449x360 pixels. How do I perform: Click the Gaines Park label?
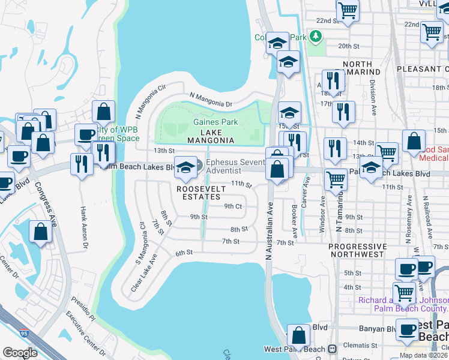click(215, 122)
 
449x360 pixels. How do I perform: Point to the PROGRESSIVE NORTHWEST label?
click(358, 250)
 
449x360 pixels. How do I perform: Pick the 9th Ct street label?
click(232, 206)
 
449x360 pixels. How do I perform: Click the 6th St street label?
click(183, 253)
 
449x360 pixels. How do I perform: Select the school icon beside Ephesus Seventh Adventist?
click(185, 166)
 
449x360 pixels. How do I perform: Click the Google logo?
click(20, 353)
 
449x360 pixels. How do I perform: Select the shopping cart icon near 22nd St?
click(348, 10)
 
